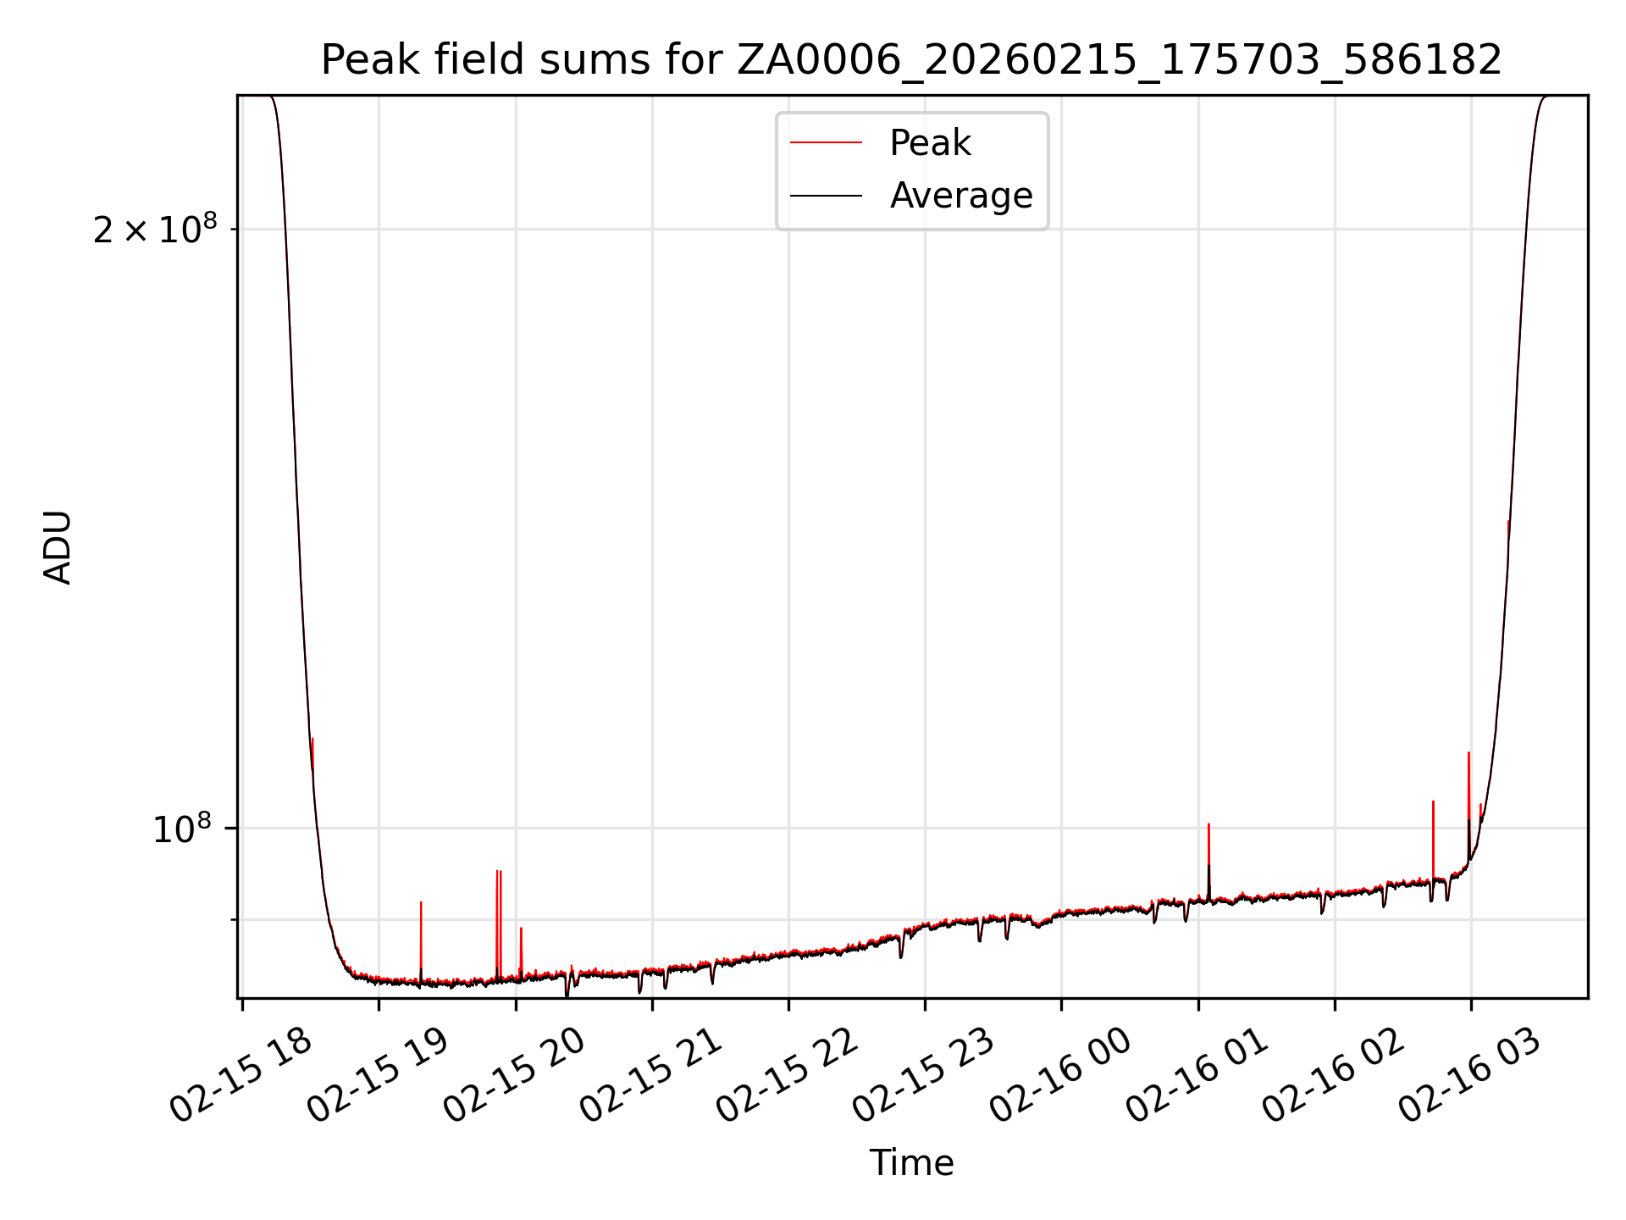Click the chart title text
[911, 60]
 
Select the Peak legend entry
[929, 143]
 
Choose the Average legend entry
[960, 196]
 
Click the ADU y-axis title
[58, 547]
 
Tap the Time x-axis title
[911, 1163]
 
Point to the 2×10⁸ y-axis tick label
[155, 230]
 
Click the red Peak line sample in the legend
[826, 143]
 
